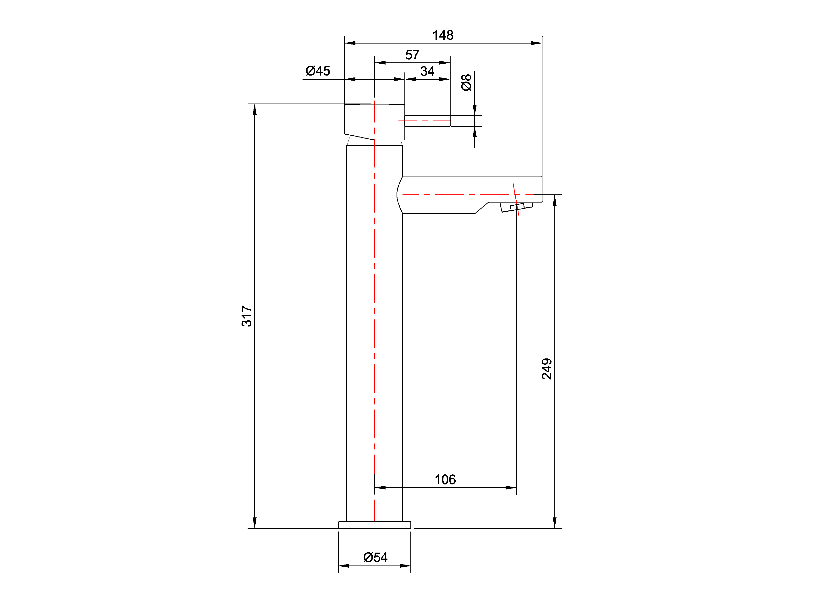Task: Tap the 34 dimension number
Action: tap(427, 71)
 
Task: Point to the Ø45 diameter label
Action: tap(318, 71)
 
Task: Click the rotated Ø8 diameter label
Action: tap(466, 82)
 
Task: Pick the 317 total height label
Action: tap(247, 316)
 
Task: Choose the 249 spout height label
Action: tap(547, 369)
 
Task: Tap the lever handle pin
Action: tap(427, 121)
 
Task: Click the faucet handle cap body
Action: tap(375, 122)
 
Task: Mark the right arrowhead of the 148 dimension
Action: tap(536, 43)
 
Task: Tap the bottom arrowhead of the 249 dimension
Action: tap(555, 523)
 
